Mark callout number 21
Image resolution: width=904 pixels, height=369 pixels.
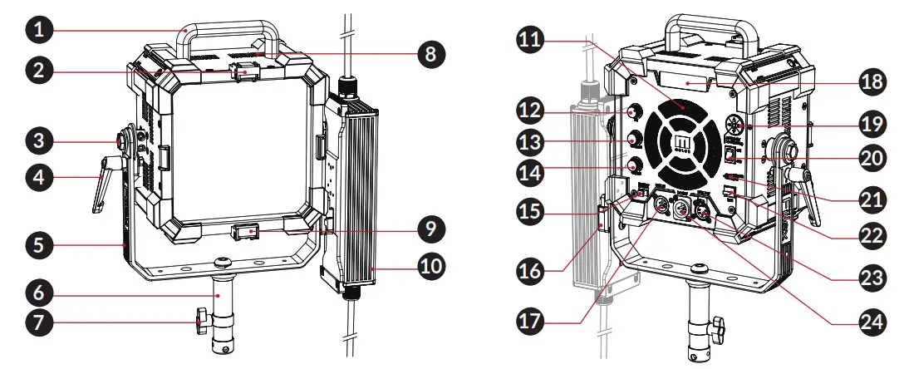(869, 199)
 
